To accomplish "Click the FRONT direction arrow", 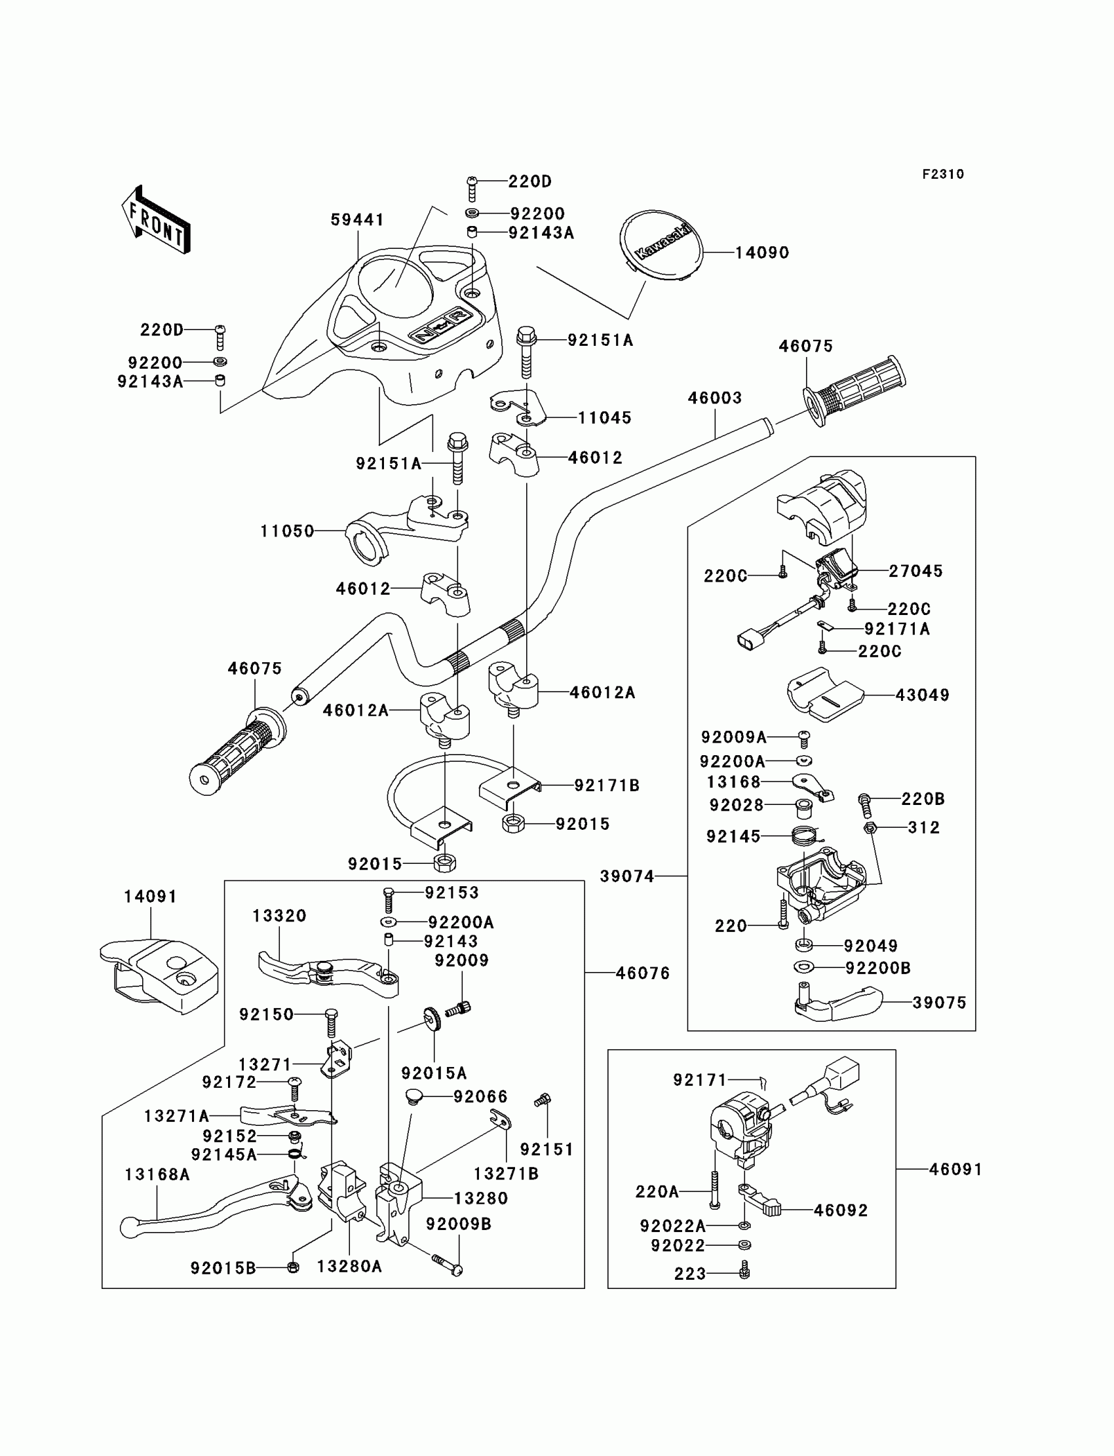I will [x=157, y=220].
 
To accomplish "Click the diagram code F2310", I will [x=943, y=174].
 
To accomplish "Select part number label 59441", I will [x=357, y=220].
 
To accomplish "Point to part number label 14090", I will [x=762, y=253].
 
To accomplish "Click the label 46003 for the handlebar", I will [x=714, y=398].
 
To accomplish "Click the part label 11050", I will [x=287, y=531].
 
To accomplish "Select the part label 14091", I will [x=151, y=897].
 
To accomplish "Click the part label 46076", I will [x=643, y=973].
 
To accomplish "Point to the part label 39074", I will [x=626, y=876].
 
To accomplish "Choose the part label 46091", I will [x=955, y=1169].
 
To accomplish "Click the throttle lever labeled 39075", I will [x=838, y=1003].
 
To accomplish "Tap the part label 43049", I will [x=922, y=695].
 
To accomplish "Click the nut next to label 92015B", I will [x=293, y=1267].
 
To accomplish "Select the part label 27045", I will [x=915, y=570].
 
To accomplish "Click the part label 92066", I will [x=480, y=1097].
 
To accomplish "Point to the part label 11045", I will [x=604, y=417].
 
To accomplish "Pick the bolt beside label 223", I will [x=744, y=1271].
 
